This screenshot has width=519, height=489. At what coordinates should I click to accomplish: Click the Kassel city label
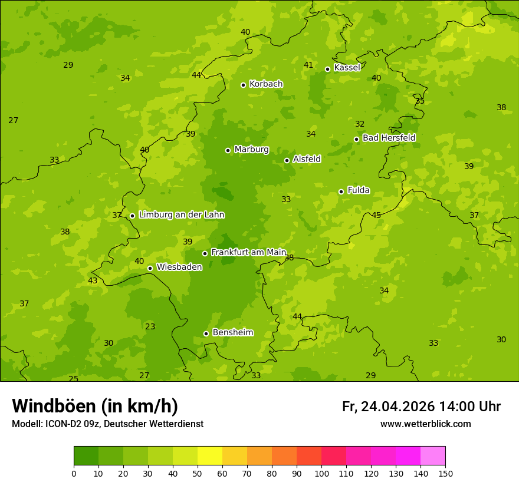point(347,68)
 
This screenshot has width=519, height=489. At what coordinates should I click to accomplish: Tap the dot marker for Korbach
point(243,85)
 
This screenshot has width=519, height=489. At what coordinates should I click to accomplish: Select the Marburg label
point(251,150)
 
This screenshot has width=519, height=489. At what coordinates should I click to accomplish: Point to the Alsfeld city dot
point(287,160)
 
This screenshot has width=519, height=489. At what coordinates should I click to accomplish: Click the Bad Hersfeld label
point(389,138)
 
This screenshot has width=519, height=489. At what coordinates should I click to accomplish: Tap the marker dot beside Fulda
point(341,191)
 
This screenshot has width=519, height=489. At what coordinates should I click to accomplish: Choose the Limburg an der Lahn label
point(181,215)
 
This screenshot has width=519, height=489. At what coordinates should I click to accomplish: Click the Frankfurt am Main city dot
point(205,253)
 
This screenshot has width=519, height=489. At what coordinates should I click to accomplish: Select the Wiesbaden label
point(179,267)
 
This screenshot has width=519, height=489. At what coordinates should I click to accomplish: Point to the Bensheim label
point(232,333)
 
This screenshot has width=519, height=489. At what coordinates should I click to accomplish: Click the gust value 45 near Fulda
point(376,215)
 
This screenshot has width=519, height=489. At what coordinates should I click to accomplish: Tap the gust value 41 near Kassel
point(308,65)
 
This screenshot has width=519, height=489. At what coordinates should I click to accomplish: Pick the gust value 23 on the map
point(150,326)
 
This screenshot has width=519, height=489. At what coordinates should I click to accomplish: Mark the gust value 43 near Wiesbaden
point(93,280)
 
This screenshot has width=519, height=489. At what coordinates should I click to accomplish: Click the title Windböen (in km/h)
point(95,406)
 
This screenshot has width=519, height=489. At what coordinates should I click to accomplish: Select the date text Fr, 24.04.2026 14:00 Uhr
point(421,407)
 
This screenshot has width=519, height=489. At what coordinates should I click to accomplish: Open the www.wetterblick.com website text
point(425,424)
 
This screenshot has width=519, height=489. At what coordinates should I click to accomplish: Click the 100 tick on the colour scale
point(321,473)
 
